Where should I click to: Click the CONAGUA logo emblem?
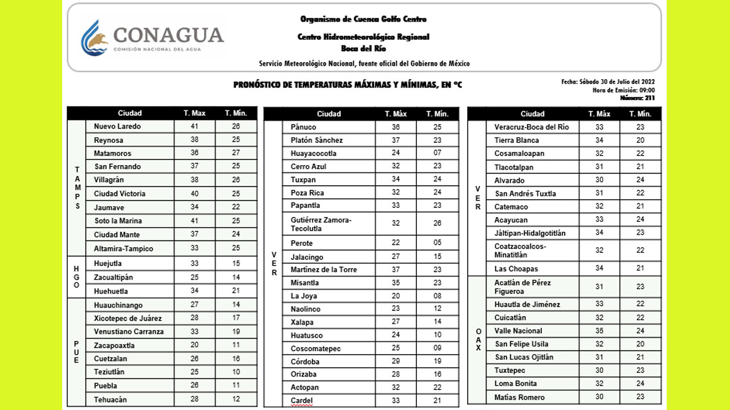click(95, 38)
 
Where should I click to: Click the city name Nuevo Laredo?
click(117, 126)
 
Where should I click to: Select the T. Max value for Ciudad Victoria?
click(194, 194)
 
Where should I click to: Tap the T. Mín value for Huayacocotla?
click(437, 153)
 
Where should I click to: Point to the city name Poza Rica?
click(307, 193)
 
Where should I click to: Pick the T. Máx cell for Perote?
click(396, 243)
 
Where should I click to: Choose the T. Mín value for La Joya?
click(437, 296)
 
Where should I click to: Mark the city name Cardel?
click(302, 401)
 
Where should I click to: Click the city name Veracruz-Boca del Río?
click(532, 127)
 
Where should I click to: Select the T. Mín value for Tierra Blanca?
click(640, 140)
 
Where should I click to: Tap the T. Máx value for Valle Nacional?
click(599, 331)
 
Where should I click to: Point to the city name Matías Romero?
click(520, 397)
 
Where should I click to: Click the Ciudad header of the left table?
click(130, 113)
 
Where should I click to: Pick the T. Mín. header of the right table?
click(640, 114)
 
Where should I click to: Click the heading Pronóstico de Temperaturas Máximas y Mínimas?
click(347, 85)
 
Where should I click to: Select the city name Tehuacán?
click(111, 400)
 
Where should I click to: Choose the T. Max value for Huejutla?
click(194, 264)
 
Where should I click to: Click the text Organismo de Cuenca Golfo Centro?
click(363, 19)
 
